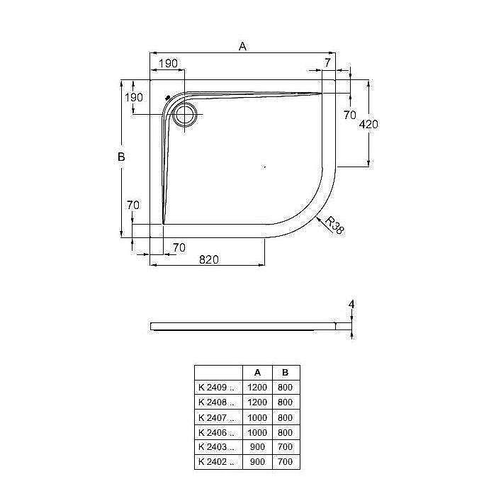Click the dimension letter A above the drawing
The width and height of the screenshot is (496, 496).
pyautogui.click(x=242, y=46)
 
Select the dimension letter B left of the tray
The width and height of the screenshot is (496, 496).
pyautogui.click(x=121, y=157)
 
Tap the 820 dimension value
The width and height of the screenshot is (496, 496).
pyautogui.click(x=208, y=259)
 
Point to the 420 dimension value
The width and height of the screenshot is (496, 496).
pyautogui.click(x=369, y=124)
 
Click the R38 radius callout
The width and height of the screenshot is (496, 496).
pyautogui.click(x=334, y=225)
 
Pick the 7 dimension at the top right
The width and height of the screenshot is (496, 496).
pyautogui.click(x=327, y=63)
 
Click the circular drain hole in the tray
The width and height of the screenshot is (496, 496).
pyautogui.click(x=187, y=115)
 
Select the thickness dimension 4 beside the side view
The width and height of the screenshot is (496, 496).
pyautogui.click(x=351, y=305)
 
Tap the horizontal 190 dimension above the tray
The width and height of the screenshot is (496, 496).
pyautogui.click(x=168, y=64)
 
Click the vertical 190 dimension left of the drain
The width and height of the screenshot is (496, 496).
pyautogui.click(x=135, y=97)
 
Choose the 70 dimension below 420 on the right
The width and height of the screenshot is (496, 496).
pyautogui.click(x=349, y=115)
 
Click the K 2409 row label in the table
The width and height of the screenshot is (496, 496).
pyautogui.click(x=216, y=388)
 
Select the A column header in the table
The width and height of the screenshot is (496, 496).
pyautogui.click(x=257, y=373)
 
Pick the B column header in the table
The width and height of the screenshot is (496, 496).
pyautogui.click(x=286, y=373)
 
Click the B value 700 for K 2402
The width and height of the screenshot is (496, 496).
pyautogui.click(x=286, y=462)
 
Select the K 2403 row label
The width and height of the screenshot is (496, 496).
pyautogui.click(x=216, y=447)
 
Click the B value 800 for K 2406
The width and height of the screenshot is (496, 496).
pyautogui.click(x=286, y=432)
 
